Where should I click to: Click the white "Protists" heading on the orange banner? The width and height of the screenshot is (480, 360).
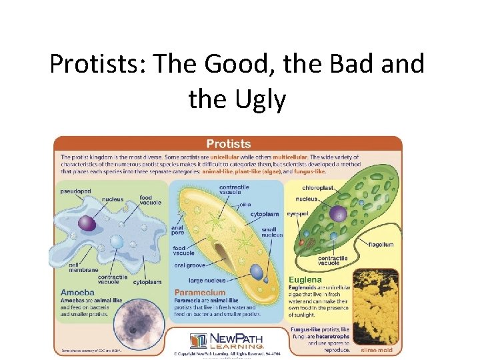click(229, 143)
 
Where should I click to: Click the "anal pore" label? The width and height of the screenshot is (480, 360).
click(177, 231)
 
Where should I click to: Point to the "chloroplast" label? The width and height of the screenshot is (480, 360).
click(317, 188)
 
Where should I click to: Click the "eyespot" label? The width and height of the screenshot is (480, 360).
click(297, 214)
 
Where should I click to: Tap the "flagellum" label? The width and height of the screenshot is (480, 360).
click(381, 245)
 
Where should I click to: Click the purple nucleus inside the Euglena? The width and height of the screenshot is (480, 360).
click(339, 213)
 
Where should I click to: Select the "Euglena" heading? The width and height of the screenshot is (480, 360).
click(305, 281)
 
